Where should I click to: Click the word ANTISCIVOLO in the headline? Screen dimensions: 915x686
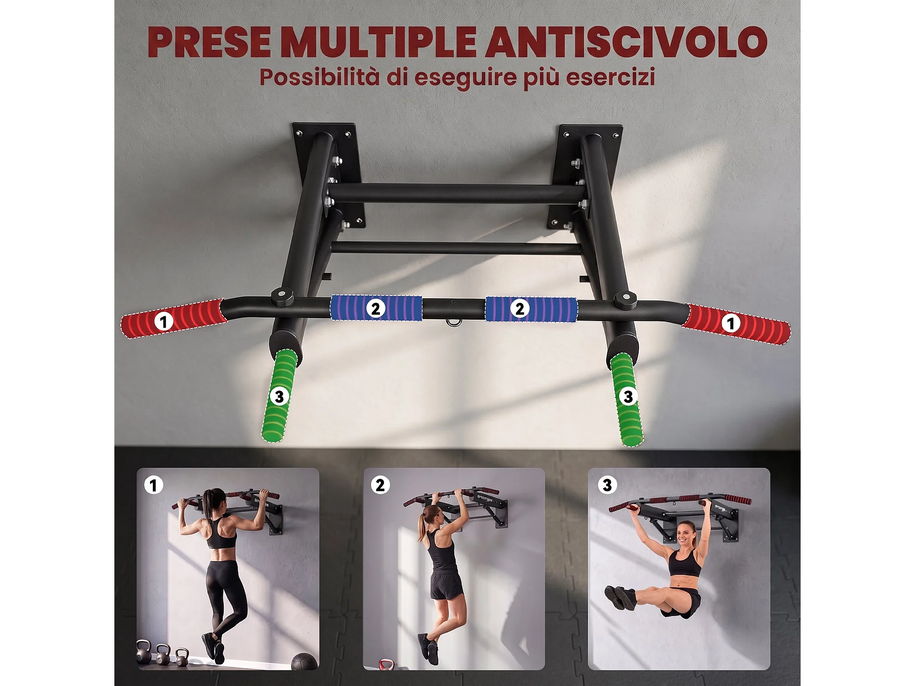click(x=626, y=42)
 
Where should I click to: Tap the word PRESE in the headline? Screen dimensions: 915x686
click(x=210, y=42)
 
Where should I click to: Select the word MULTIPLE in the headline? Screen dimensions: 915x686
click(x=379, y=42)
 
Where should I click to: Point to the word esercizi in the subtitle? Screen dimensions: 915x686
click(x=611, y=77)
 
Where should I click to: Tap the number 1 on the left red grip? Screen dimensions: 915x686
click(x=163, y=321)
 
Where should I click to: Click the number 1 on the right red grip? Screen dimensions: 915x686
click(x=731, y=323)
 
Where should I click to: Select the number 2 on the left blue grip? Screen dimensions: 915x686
click(x=376, y=309)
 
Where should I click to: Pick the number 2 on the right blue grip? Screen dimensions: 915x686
click(x=520, y=309)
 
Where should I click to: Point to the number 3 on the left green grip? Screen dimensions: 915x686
click(x=279, y=396)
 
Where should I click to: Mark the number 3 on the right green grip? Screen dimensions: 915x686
click(x=628, y=396)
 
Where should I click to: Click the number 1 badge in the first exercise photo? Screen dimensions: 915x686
click(x=153, y=485)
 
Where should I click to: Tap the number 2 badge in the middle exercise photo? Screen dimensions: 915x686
click(x=380, y=485)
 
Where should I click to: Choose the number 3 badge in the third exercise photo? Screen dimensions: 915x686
click(x=607, y=485)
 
